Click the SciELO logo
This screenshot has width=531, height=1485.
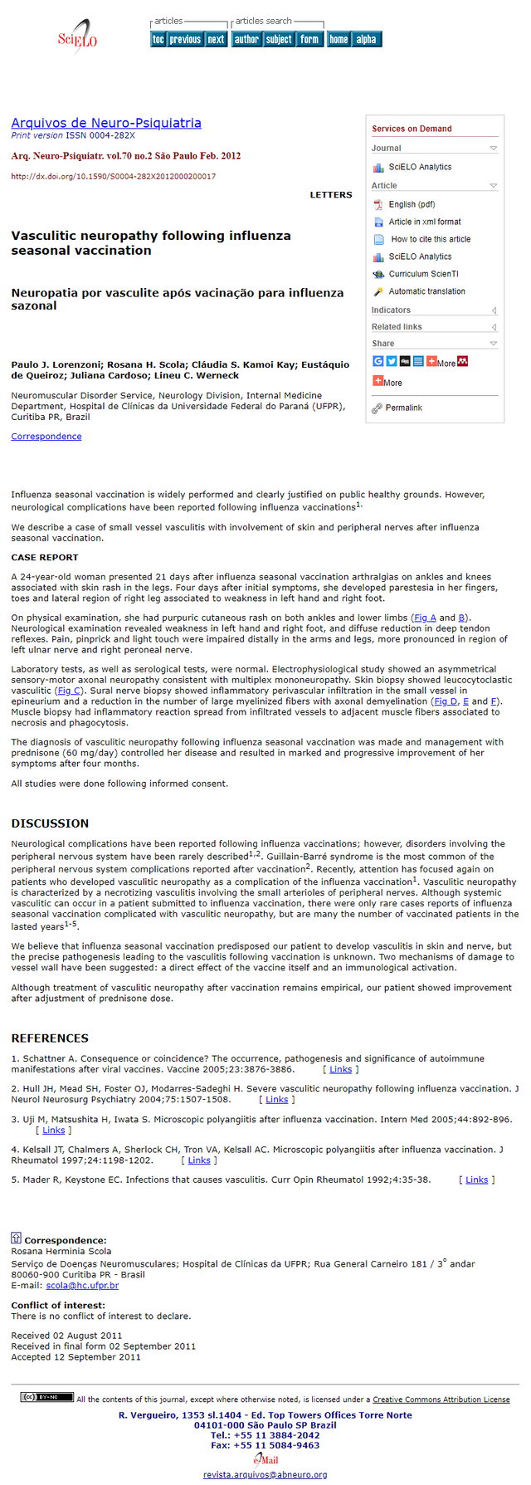point(77,39)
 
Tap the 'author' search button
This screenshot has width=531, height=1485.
point(246,39)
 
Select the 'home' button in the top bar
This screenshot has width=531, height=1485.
point(339,39)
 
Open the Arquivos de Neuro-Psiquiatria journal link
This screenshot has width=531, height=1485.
point(106,123)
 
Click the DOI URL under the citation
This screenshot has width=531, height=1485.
point(114,177)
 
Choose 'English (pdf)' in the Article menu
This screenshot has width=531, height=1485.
point(412,204)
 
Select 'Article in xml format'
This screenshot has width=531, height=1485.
point(425,222)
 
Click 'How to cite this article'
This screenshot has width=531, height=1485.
point(431,239)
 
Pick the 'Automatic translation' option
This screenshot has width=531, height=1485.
point(426,291)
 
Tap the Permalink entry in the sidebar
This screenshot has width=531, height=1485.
point(403,408)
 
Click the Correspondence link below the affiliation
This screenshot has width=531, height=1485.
point(46,437)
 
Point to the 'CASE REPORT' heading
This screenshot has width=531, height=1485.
point(45,558)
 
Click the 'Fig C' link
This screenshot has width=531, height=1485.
point(69,691)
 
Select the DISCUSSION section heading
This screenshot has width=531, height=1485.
point(50,823)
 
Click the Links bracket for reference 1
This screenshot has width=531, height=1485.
point(341,1069)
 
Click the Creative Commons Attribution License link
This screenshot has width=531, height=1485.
point(441,1400)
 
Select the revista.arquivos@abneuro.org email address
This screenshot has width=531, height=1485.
point(265,1474)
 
